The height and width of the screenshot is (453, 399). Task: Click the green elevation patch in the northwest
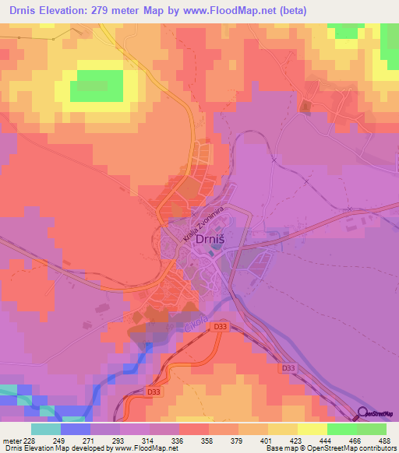pyautogui.click(x=97, y=86)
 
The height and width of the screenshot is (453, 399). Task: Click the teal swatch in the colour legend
pyautogui.click(x=45, y=429)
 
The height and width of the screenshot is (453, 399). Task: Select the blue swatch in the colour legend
pyautogui.click(x=75, y=429)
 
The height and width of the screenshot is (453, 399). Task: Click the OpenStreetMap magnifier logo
pyautogui.click(x=363, y=413)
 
